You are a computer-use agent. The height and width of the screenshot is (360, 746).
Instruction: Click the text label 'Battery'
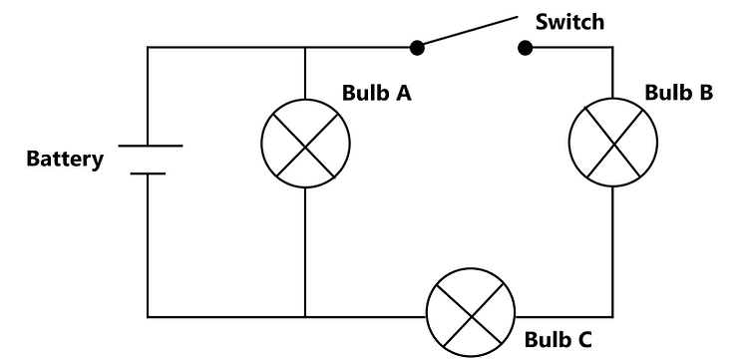point(65,159)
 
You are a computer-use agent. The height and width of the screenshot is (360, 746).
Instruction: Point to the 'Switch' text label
point(569,21)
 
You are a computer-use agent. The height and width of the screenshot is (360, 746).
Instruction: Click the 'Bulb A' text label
point(378,94)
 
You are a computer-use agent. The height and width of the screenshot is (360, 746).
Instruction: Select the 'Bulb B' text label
point(678,93)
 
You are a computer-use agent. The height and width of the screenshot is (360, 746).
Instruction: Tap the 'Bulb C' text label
point(559,339)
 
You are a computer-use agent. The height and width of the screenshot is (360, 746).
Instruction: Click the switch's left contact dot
point(418,47)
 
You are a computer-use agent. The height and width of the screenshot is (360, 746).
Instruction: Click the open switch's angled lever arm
point(468,30)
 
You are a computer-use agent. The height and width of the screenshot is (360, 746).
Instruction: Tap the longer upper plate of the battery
point(151,146)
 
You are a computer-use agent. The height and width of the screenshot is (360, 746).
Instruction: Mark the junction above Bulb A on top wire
point(305,47)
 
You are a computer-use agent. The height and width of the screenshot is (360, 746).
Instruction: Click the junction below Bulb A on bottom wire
point(305,317)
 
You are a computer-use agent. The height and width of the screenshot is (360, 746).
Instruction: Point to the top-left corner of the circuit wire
point(148,47)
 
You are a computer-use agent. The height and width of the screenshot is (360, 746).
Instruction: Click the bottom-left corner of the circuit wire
point(148,317)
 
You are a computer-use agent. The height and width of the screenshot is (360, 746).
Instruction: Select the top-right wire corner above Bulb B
point(612,47)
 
